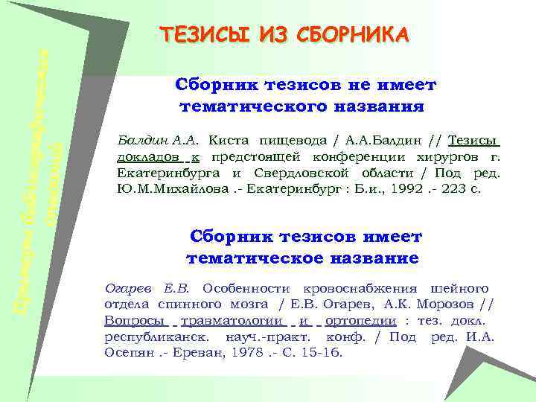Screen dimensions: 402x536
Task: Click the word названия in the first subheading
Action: [x=387, y=106]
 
